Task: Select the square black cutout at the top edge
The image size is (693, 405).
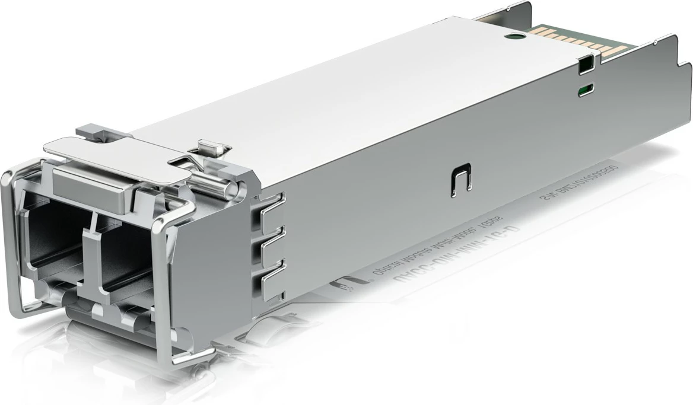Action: (x=586, y=63)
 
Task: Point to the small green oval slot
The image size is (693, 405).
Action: (x=586, y=90)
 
